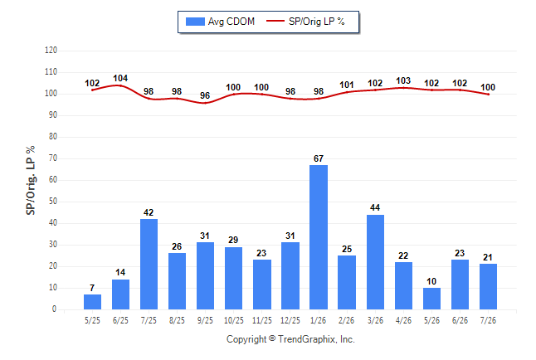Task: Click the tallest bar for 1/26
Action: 319,237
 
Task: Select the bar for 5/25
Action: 92,302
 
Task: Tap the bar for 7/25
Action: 149,265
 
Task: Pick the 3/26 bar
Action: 375,262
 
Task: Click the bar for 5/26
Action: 431,299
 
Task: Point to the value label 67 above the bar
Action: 319,158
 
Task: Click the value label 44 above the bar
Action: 375,208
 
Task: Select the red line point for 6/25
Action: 120,85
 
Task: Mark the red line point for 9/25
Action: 205,103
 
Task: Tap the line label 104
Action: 120,78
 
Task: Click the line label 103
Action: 403,80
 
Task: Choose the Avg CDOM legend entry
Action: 220,22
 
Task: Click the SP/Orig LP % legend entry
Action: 305,22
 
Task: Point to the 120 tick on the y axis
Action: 51,51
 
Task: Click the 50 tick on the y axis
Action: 53,202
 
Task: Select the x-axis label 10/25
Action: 233,320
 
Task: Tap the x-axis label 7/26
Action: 488,320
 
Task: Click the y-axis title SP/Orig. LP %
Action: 31,180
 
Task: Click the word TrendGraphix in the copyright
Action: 307,339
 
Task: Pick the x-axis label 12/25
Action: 290,320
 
